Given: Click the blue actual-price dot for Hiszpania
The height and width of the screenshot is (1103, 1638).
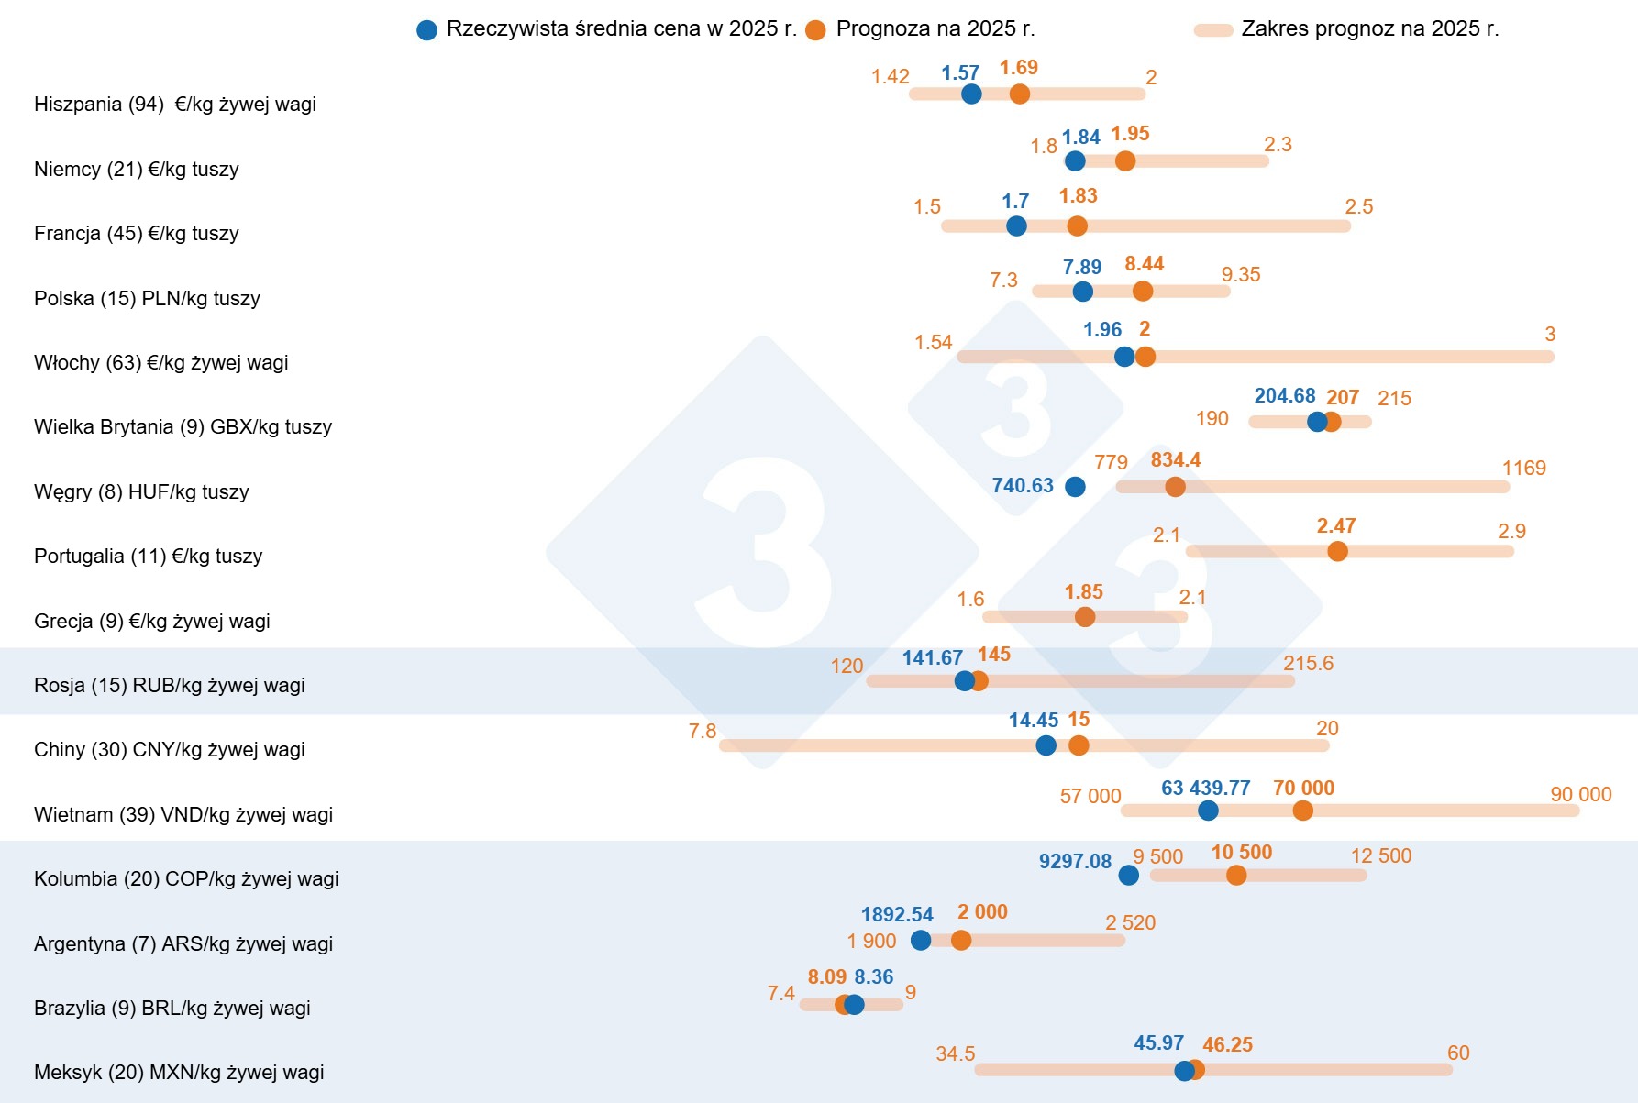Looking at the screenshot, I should coord(971,94).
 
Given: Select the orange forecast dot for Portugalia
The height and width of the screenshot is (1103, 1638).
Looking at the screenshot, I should coord(1337,551).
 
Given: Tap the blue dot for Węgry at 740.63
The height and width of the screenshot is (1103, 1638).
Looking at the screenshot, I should coord(1075,487).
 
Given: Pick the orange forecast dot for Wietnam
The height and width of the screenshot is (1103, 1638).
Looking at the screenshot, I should coord(1302,811).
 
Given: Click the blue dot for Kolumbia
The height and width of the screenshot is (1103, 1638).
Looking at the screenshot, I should coord(1129,876).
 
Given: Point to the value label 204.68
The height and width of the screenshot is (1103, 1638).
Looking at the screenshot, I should coord(1284,396).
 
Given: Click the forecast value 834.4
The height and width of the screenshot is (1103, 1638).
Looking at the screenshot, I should coord(1175,460).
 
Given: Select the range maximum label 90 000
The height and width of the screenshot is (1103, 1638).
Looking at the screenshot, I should coord(1580,795).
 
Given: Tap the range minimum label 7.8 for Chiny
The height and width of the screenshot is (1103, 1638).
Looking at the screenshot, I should coord(703,732).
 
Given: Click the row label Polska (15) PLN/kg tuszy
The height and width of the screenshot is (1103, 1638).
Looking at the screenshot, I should coord(147,299).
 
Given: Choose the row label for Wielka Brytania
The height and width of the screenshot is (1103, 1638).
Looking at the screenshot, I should coord(183,427).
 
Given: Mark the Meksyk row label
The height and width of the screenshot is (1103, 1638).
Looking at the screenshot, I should coord(179,1073).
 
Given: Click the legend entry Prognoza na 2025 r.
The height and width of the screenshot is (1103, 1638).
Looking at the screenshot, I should coord(935,29).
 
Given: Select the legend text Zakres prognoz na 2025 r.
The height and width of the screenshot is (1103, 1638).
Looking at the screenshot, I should coord(1369,29).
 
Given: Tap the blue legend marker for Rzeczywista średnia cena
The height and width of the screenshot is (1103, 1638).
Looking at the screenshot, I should coord(426,30).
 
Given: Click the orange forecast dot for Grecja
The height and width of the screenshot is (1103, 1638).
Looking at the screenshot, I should coord(1085,617).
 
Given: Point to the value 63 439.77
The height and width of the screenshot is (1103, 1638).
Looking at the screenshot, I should coord(1205,789).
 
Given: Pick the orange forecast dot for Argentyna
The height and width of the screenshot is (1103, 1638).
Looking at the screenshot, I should coord(961,941).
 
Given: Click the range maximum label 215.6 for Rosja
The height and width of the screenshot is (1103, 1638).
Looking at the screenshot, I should coord(1308,664).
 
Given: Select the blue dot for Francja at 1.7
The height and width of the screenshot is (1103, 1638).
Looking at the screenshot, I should coord(1016,226).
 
